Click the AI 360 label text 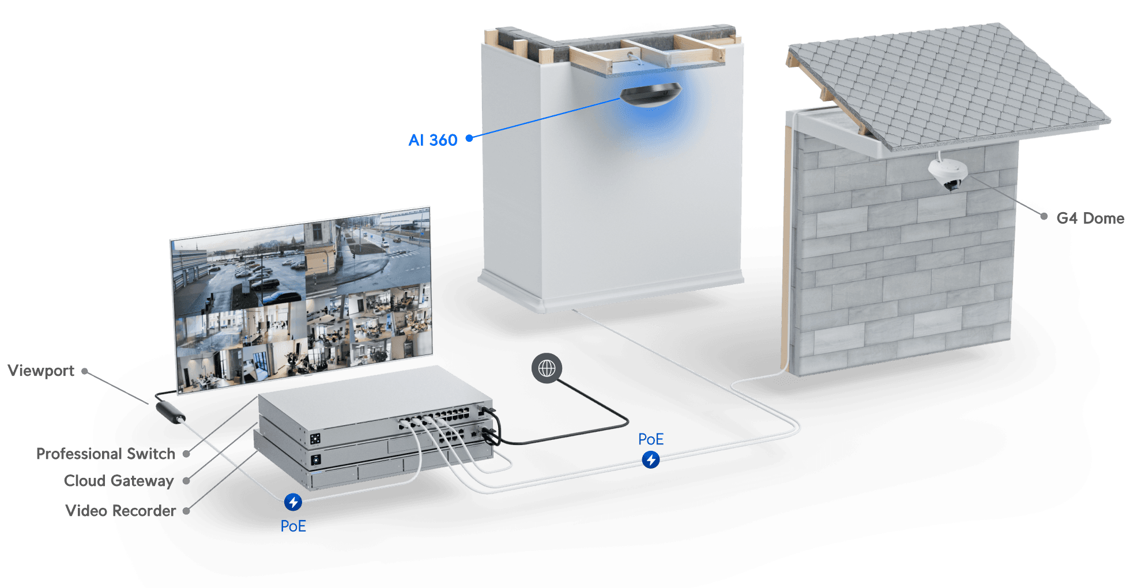pos(433,140)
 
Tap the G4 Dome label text pos(1091,218)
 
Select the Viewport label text pos(41,371)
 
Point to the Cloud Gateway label pos(118,481)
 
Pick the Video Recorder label pos(121,511)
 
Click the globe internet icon pos(547,368)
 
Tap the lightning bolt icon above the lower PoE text pos(293,502)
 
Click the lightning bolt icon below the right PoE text pos(651,460)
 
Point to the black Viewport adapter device pos(171,412)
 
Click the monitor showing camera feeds pos(302,300)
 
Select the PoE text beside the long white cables pos(651,440)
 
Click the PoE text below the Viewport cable pos(293,526)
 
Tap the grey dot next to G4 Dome pos(1044,216)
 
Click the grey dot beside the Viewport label pos(85,371)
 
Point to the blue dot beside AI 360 pos(469,138)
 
